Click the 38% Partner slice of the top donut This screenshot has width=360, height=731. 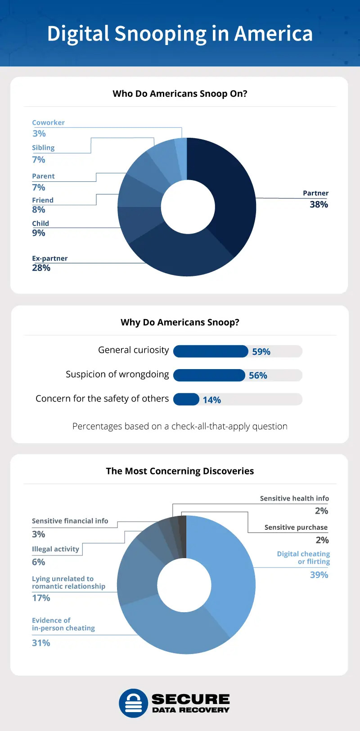point(229,194)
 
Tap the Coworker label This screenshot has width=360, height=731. point(48,122)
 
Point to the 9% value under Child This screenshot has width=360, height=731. point(39,233)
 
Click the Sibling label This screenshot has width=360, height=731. point(43,148)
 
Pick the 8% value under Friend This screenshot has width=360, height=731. point(39,209)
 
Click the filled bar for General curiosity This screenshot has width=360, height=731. point(210,351)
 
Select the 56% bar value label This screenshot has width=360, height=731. point(258,375)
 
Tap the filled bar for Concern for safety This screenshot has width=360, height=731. point(186,399)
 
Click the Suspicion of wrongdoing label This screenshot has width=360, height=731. point(117,375)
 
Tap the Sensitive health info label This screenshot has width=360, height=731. point(294,498)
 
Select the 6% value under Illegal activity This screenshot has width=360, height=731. point(39,562)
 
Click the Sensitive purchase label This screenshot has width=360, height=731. point(296,527)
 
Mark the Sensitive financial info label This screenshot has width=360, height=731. point(70,521)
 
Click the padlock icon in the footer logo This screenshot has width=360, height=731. point(133,703)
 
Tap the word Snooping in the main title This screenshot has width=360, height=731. point(161,34)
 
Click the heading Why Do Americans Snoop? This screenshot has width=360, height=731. point(180,322)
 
